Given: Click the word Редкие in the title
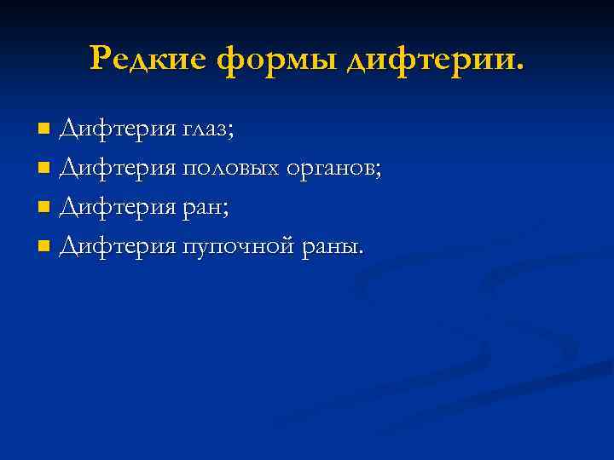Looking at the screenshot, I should tap(150, 59).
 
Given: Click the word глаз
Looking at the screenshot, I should tap(204, 130).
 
